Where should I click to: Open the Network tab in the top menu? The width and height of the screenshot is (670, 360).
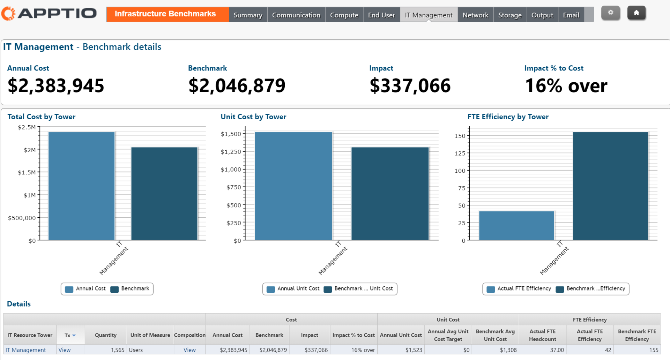tap(475, 15)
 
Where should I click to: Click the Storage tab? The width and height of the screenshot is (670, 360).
tap(510, 15)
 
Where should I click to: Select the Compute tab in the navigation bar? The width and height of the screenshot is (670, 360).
tap(344, 15)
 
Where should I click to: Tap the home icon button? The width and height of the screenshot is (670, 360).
tap(636, 13)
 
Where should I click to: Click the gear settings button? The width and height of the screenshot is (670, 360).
tap(610, 13)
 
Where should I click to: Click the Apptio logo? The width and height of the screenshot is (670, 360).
tap(49, 14)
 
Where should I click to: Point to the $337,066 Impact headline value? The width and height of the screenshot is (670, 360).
tap(410, 86)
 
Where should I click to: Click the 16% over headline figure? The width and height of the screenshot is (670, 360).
tap(566, 86)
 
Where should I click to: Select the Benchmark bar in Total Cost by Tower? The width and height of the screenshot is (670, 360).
tap(164, 194)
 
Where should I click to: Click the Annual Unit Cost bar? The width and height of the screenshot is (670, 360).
tap(293, 186)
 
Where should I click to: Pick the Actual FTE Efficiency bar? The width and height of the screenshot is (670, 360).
tap(516, 226)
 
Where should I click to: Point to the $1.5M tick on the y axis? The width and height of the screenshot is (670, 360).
tap(27, 172)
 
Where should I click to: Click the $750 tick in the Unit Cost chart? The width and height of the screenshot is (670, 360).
tap(234, 187)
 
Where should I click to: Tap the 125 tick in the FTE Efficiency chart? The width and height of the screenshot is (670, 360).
tap(460, 153)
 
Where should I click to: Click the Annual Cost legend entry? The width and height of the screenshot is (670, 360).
tap(85, 289)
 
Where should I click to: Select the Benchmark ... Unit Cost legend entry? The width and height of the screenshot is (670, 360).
tap(359, 289)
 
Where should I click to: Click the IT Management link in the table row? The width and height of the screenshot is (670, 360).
tap(26, 350)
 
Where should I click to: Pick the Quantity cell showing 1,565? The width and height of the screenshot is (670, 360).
tap(118, 350)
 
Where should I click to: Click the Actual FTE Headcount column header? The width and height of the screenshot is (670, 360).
tap(542, 335)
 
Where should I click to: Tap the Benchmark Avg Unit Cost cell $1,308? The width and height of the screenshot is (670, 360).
tap(508, 350)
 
